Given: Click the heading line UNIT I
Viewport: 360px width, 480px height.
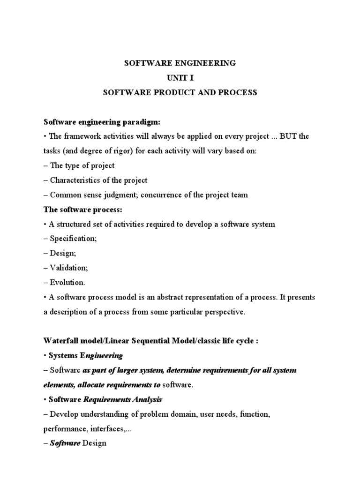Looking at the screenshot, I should [x=180, y=78].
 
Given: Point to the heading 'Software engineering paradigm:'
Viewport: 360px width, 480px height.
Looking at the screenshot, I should [x=102, y=122].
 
